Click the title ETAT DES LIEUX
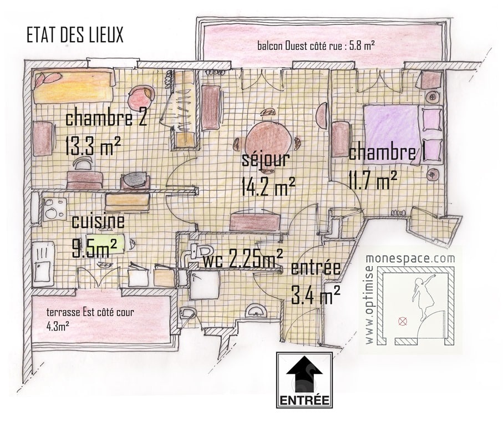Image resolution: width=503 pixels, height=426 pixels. point(75,35)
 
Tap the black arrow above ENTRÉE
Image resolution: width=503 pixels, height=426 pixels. point(304,376)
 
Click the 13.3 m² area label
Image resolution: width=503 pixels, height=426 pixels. point(93,146)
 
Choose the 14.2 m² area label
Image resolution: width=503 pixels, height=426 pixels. point(268,186)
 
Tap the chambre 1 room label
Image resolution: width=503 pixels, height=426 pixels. point(387,153)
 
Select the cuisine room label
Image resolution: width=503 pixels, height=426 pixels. point(98,221)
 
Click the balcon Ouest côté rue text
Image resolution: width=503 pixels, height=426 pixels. point(316,46)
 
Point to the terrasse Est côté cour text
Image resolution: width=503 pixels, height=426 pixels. point(90,312)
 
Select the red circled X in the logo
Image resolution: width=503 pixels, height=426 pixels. point(402,321)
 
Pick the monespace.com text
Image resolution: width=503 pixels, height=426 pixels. point(410,258)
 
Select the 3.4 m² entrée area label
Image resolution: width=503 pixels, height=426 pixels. point(316,296)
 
